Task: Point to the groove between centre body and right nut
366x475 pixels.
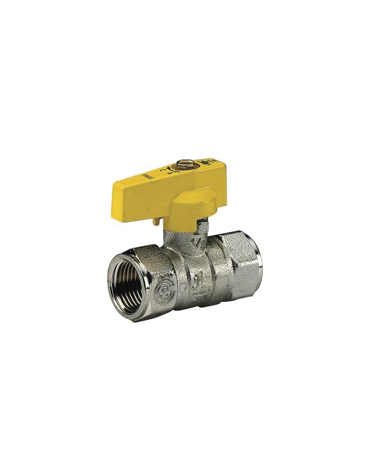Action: click(x=219, y=273)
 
